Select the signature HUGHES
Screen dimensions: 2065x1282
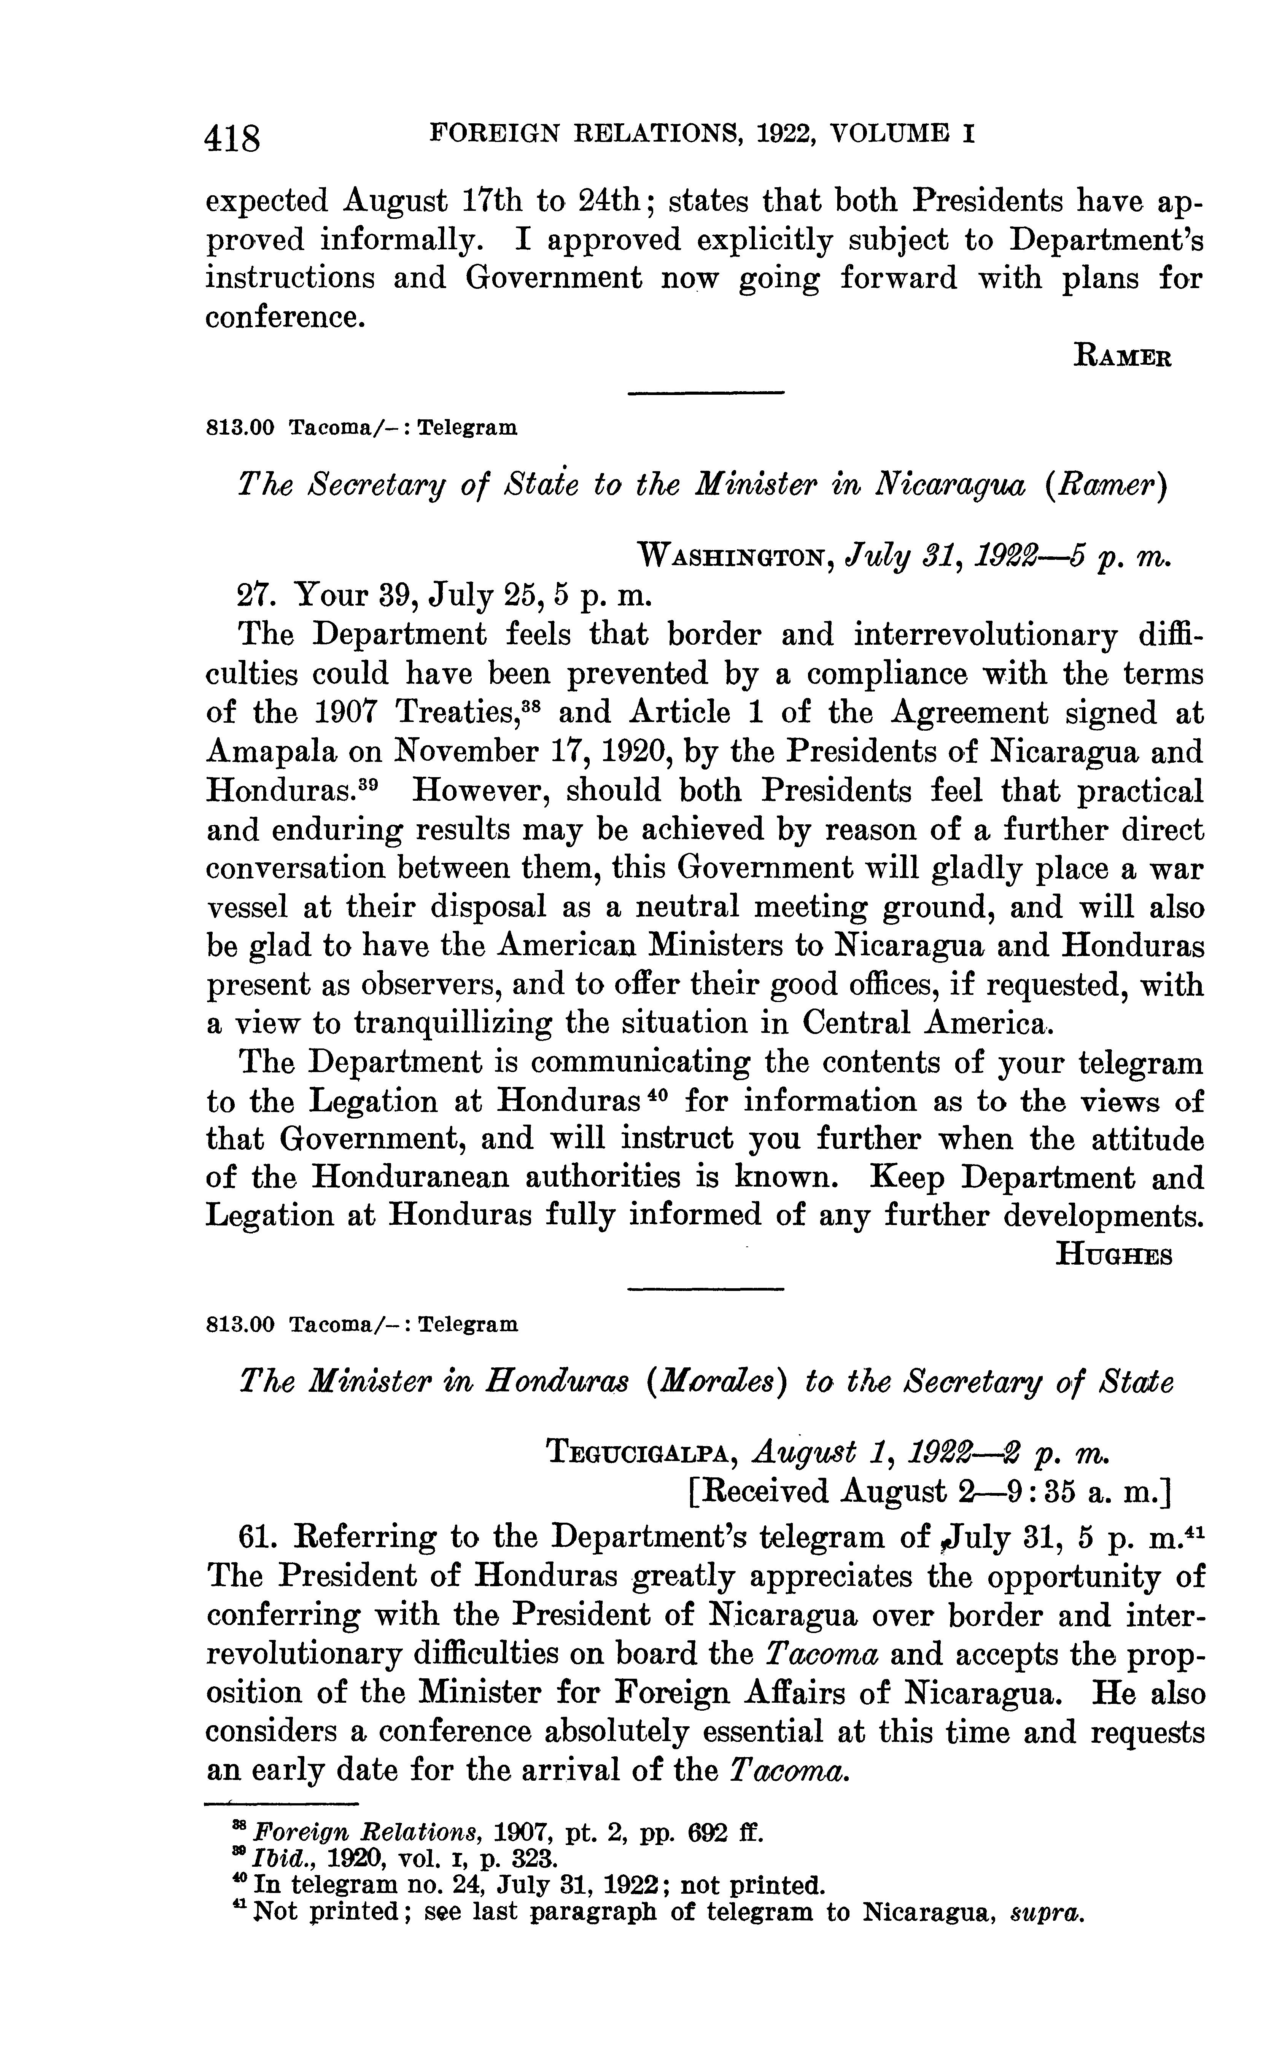click(x=1113, y=1255)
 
